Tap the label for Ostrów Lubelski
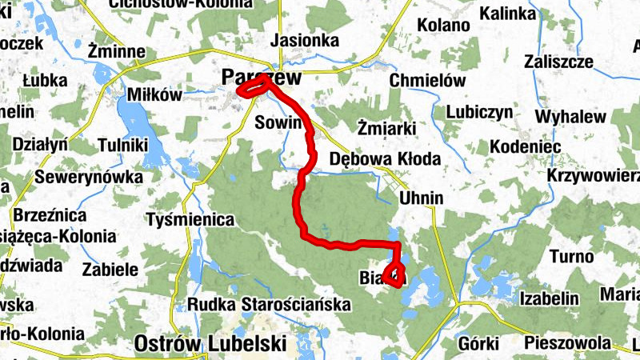coord(211,343)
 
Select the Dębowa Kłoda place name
coord(385,159)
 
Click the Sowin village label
coord(276,122)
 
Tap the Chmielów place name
coord(427,81)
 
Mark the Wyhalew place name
coord(570,117)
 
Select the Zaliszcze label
coord(558,62)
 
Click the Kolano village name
coord(442,25)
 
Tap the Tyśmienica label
coord(190,219)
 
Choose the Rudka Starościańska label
coord(270,305)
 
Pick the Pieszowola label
coord(567,343)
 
